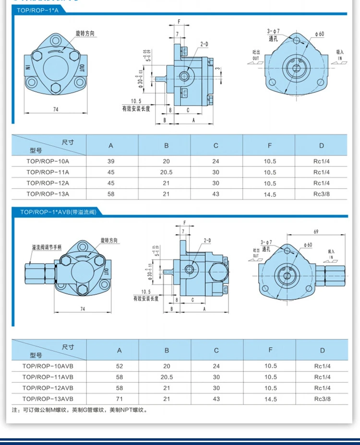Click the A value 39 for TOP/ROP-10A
click(111, 161)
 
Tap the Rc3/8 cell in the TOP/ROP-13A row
click(322, 194)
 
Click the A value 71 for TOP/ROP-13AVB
click(120, 399)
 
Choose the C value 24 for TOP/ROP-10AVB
click(216, 366)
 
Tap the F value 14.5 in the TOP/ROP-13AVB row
click(270, 399)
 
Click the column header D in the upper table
click(322, 145)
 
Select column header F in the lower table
click(270, 350)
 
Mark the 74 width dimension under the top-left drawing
click(56, 109)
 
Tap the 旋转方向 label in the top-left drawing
click(85, 34)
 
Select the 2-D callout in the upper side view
click(204, 44)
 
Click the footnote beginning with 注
click(79, 410)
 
